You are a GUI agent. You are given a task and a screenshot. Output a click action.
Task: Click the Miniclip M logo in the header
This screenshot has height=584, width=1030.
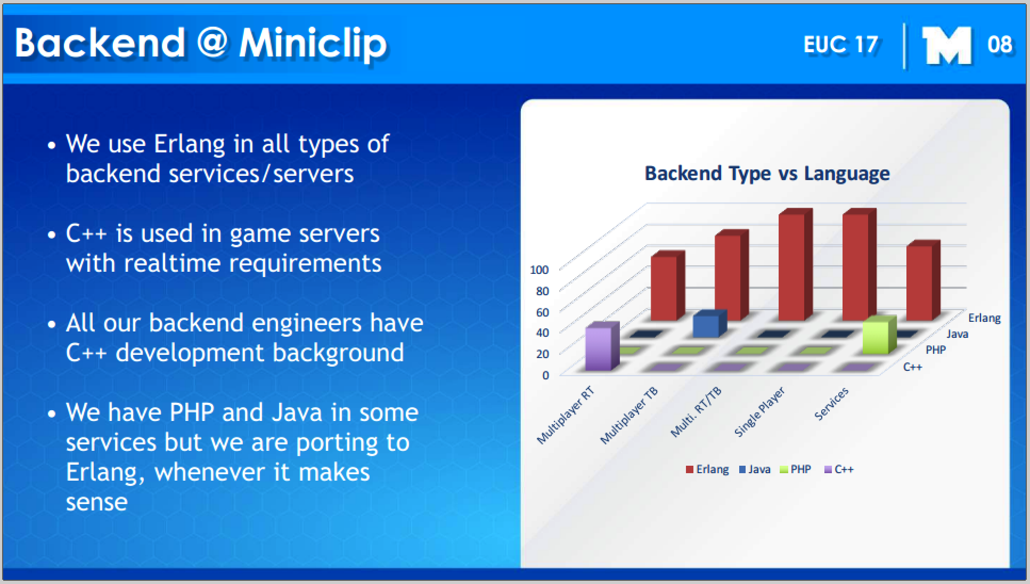pyautogui.click(x=946, y=46)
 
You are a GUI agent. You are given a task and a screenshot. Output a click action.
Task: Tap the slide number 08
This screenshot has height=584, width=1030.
pyautogui.click(x=999, y=45)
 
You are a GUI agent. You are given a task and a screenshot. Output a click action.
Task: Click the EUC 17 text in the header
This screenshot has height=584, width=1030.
pyautogui.click(x=840, y=45)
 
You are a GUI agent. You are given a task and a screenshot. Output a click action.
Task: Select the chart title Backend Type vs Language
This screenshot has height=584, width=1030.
pyautogui.click(x=767, y=173)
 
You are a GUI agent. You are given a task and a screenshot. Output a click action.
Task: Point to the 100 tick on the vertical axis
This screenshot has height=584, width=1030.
pyautogui.click(x=539, y=270)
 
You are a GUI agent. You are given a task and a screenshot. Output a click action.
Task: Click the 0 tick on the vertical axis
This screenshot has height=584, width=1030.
pyautogui.click(x=545, y=375)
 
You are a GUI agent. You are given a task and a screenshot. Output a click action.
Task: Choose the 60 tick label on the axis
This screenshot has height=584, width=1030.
pyautogui.click(x=542, y=312)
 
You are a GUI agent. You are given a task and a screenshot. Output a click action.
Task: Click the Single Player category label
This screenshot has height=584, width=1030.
pyautogui.click(x=759, y=412)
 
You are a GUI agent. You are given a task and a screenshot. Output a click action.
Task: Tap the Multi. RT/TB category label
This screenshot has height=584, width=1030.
pyautogui.click(x=696, y=412)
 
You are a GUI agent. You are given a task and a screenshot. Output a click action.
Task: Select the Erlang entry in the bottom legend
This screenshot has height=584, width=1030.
pyautogui.click(x=707, y=469)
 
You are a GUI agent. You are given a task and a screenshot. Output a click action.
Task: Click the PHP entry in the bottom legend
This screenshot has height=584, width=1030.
pyautogui.click(x=795, y=469)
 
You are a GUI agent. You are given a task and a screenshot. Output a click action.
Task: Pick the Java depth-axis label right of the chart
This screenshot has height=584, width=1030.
pyautogui.click(x=957, y=334)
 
